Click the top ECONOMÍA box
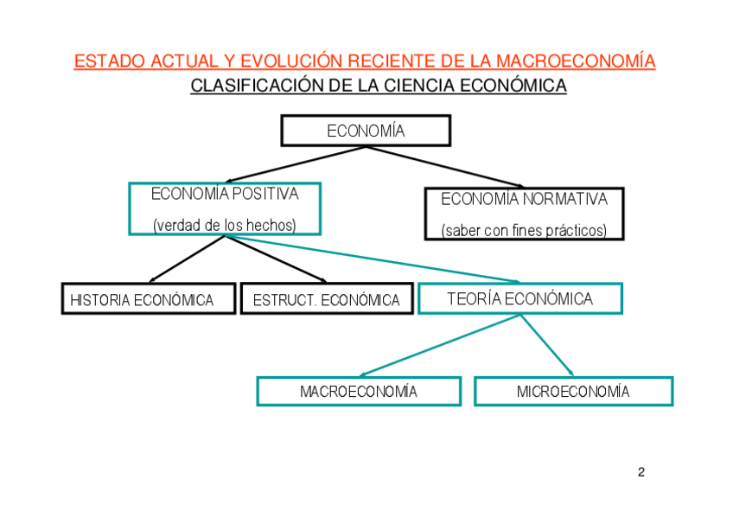[366, 131]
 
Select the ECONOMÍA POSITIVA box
[225, 208]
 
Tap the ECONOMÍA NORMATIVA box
[524, 214]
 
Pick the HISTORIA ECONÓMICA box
[148, 299]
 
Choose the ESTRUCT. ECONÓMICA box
[326, 299]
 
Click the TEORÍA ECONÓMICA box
[519, 298]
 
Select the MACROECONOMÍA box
[358, 391]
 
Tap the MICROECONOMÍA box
[573, 391]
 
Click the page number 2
[641, 472]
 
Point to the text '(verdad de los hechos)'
[225, 226]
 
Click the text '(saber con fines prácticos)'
[524, 231]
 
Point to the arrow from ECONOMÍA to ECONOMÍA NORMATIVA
[445, 166]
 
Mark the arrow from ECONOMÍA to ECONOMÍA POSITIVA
[294, 164]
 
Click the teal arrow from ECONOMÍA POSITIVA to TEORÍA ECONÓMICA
[372, 259]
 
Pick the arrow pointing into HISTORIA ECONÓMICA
[186, 259]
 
